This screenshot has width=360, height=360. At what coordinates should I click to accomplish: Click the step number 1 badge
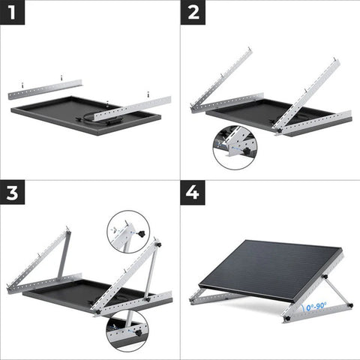coord(13,13)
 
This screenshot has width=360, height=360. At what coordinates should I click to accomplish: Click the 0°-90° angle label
coord(313,307)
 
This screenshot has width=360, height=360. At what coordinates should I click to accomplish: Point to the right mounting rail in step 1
coord(133,109)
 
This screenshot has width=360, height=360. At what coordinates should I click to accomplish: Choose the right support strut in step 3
coord(151,274)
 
